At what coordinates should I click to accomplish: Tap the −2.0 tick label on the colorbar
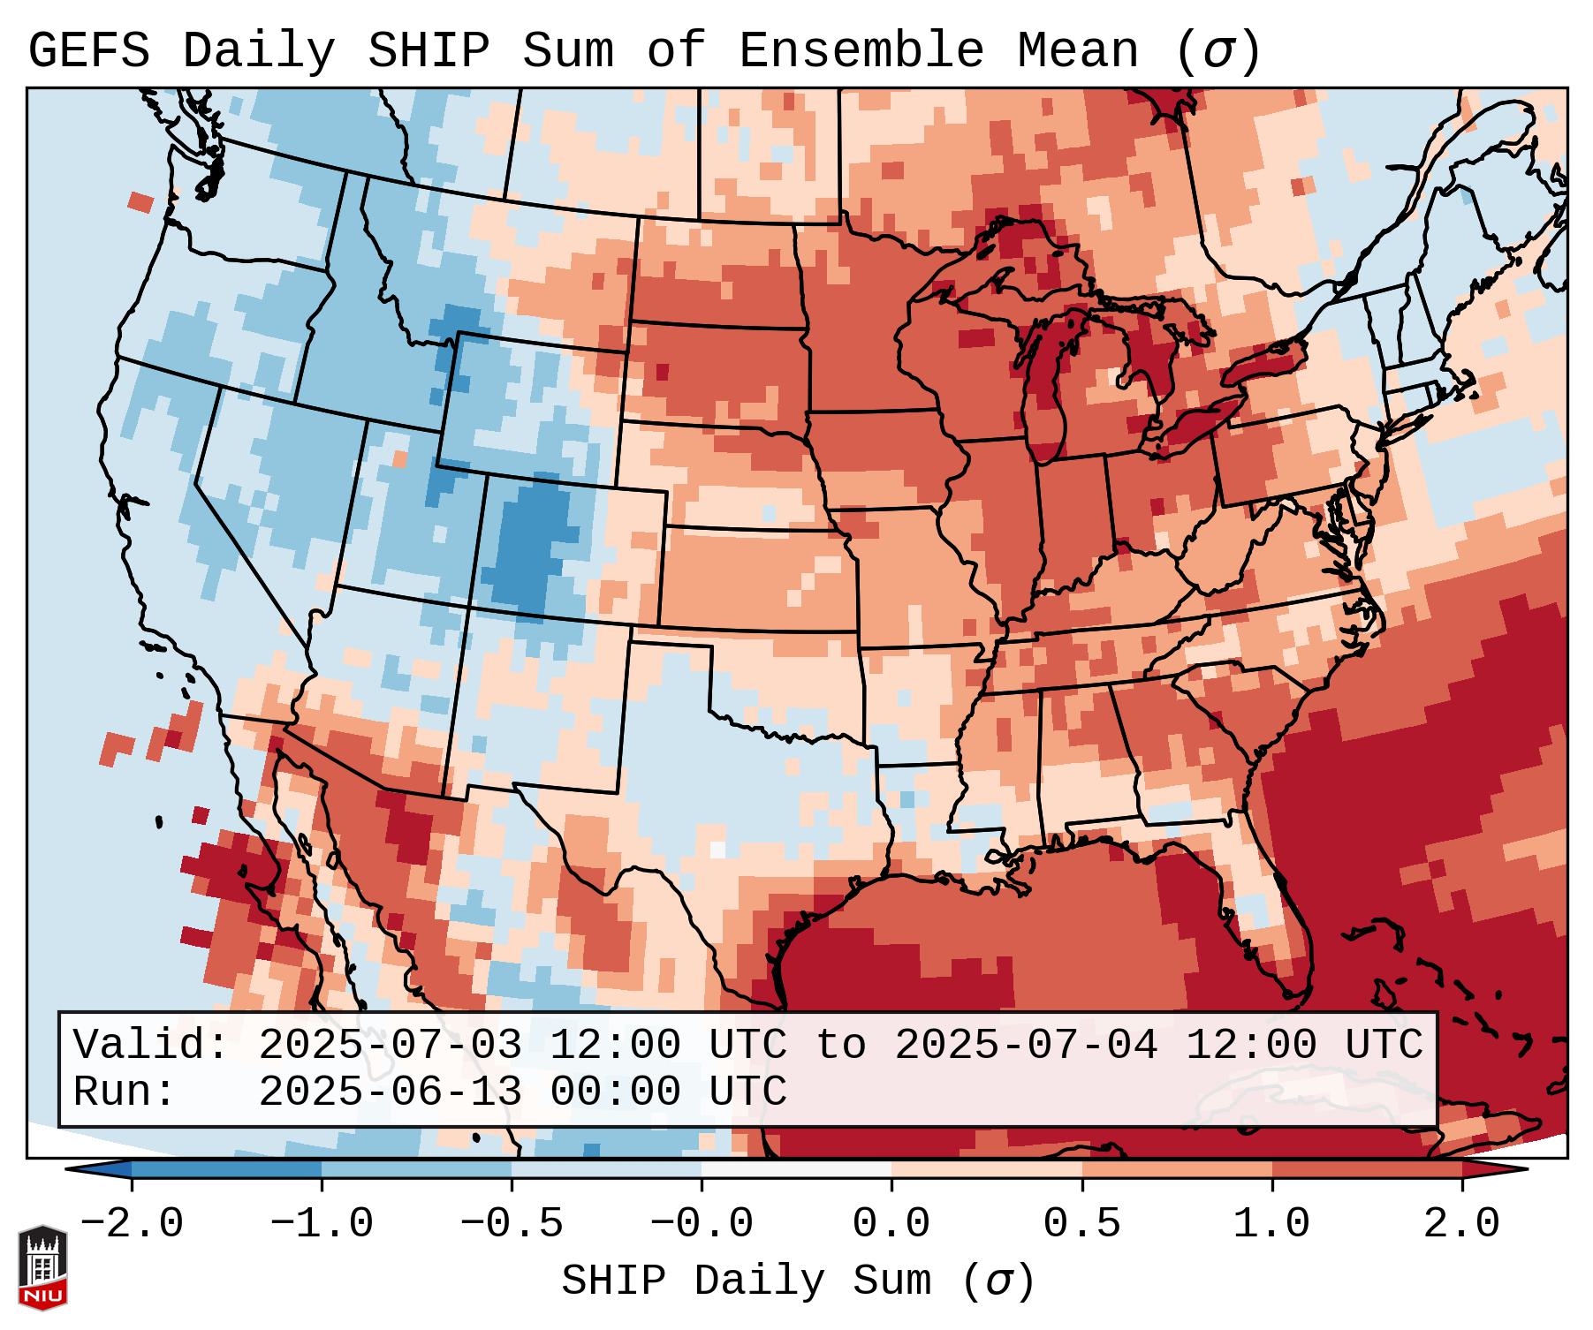coord(132,1224)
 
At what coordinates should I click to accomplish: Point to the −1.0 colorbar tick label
coord(322,1224)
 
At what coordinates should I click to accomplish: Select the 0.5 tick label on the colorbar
coord(1082,1224)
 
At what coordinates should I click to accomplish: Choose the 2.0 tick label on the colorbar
coord(1462,1224)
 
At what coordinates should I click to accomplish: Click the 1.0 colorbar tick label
coord(1272,1224)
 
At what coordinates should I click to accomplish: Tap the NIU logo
coord(42,1267)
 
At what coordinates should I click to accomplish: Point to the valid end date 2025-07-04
coord(1026,1045)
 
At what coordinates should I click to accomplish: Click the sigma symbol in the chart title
coord(1217,52)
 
